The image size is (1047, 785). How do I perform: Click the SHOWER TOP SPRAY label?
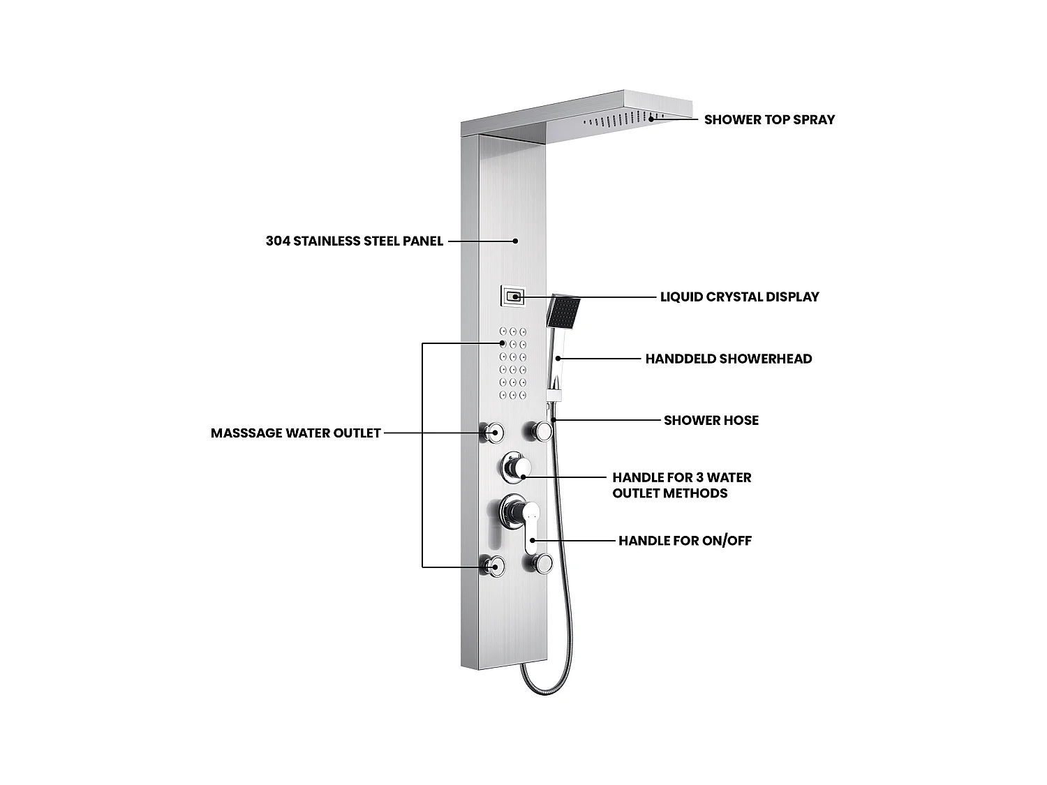pos(769,119)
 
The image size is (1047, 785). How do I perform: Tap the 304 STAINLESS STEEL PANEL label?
pos(354,241)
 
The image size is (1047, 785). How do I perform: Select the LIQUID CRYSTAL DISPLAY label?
pos(739,297)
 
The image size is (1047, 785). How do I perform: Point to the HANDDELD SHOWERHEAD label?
pos(728,359)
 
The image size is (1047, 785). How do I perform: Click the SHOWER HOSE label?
pos(711,420)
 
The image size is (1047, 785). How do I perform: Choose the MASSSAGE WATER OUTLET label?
pos(295,433)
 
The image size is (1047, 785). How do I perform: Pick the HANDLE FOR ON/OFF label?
pos(685,541)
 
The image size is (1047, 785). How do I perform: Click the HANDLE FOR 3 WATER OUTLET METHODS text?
pos(681,485)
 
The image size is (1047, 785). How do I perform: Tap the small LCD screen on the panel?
pos(512,297)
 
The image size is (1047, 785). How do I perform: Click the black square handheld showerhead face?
pos(564,312)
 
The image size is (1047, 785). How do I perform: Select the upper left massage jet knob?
pos(493,433)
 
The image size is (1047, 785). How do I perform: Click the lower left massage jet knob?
pos(493,566)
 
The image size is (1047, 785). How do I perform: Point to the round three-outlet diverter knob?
pos(515,468)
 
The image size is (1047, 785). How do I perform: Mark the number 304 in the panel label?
pos(277,241)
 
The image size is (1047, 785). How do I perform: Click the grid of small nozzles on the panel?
pos(512,364)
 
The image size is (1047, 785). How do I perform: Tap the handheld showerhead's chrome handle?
pos(556,363)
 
